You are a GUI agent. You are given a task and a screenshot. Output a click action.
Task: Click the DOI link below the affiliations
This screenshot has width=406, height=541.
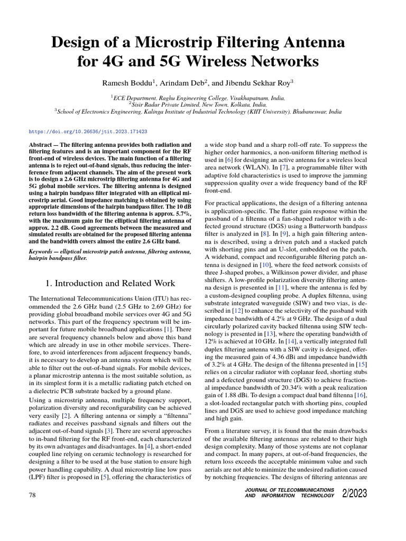[88, 130]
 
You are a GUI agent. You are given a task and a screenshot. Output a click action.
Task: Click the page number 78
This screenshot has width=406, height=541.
[33, 494]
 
